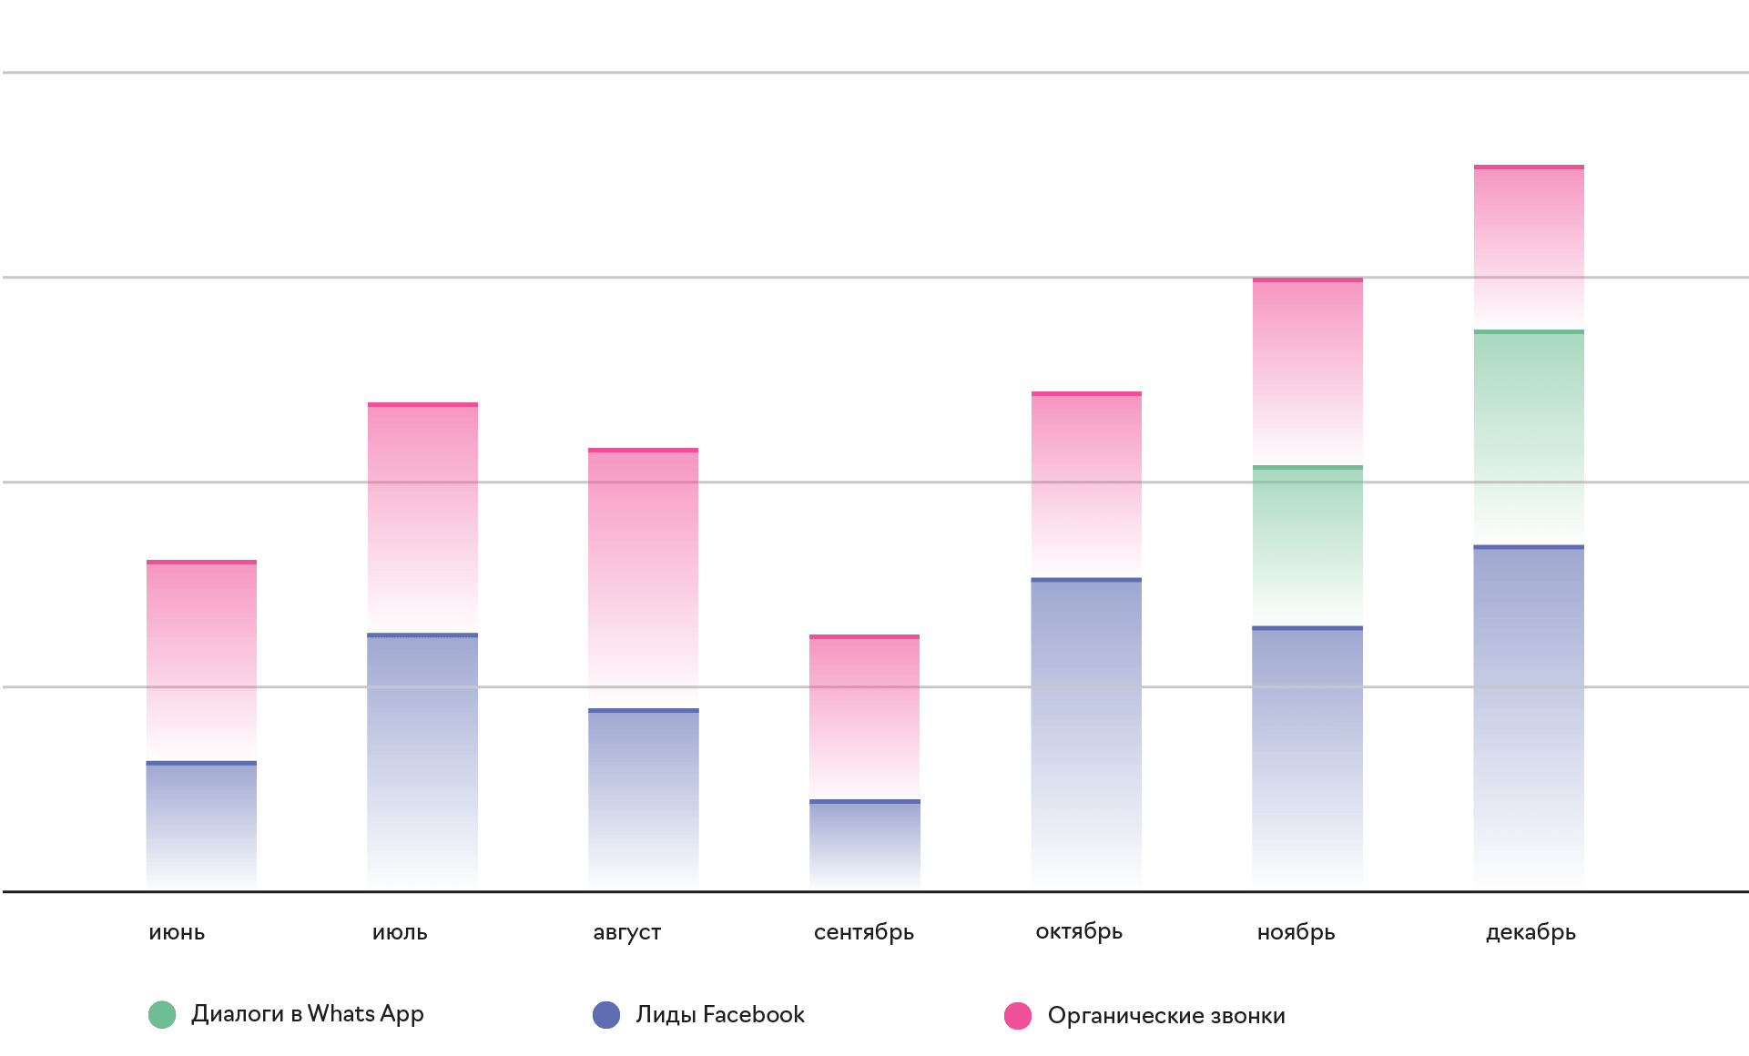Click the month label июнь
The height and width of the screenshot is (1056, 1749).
coord(177,932)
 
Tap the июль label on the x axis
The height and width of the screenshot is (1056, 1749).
coord(400,932)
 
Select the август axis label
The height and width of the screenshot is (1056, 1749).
coord(626,932)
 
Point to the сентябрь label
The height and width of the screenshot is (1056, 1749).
coord(863,932)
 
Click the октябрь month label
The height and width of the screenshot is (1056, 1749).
coord(1079,931)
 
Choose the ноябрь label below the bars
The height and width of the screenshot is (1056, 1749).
coord(1296,932)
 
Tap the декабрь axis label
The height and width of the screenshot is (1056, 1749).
coord(1530,932)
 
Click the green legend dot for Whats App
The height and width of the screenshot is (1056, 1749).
coord(162,1015)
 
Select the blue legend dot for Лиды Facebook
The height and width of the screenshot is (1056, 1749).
coord(606,1015)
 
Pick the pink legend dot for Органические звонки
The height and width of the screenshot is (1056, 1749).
coord(1018,1015)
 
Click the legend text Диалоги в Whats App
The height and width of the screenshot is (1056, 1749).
coord(308,1014)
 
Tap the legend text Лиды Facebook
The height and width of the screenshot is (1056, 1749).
coord(720,1014)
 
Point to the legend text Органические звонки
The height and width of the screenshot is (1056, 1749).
coord(1166,1015)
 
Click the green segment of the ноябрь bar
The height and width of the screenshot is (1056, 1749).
coord(1307,546)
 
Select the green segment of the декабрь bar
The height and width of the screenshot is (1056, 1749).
coord(1529,437)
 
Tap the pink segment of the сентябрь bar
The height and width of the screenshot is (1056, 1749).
coord(864,717)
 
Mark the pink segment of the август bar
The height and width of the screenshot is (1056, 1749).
coord(643,578)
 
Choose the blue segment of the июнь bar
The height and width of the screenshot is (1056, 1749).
coord(201,824)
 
